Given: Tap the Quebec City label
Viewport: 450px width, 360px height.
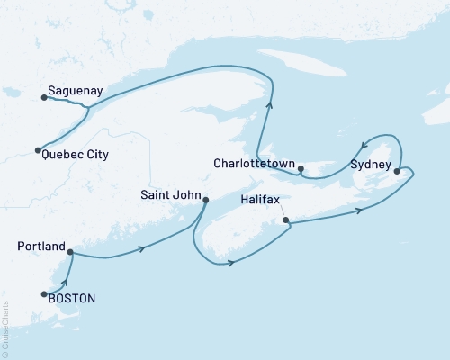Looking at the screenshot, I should [76, 155].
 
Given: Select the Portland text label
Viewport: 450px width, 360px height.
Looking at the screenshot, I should [41, 247].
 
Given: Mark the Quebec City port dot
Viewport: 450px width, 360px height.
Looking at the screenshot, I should [38, 150].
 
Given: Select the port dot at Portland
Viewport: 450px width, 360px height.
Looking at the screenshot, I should [70, 252].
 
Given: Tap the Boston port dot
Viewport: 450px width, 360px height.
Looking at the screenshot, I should [44, 293].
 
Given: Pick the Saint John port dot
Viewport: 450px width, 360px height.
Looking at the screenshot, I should [205, 200].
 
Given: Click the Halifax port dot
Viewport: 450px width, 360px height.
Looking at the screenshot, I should [285, 220].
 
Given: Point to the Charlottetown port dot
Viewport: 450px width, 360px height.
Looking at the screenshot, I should [301, 167].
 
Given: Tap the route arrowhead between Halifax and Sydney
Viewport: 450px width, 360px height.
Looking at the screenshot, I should [360, 211].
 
